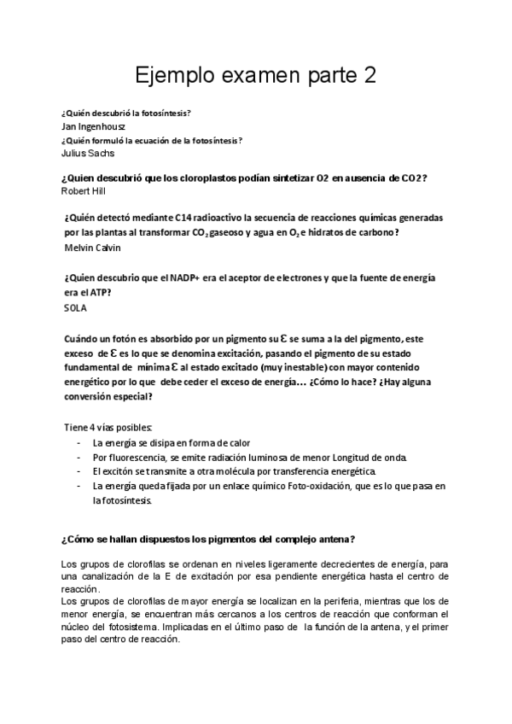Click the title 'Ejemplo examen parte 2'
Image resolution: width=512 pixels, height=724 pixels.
256,77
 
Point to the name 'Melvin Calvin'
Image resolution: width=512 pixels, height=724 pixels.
92,248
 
